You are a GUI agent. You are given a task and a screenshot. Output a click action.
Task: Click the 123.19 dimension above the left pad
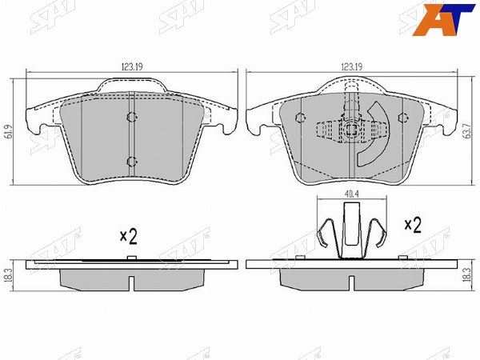pos(132,66)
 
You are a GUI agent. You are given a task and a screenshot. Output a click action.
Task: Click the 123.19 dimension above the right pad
pos(352,66)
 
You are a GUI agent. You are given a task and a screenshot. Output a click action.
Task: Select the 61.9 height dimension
pos(9,131)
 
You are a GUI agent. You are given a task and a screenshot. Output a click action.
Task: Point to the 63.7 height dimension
pos(468,131)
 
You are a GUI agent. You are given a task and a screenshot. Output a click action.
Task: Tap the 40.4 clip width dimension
pos(352,194)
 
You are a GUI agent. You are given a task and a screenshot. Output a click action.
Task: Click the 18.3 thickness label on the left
pos(9,276)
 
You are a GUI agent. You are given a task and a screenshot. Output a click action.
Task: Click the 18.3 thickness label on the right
pos(468,275)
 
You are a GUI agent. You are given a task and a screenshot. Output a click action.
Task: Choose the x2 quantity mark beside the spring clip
pos(413,226)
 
